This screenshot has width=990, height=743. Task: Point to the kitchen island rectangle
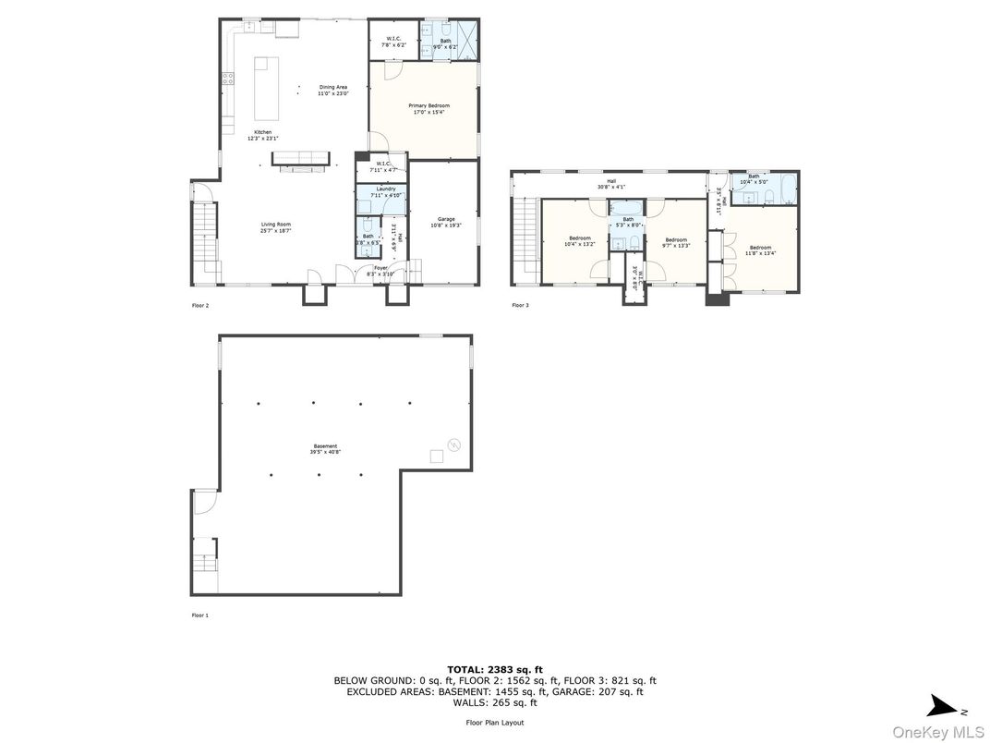(x=266, y=88)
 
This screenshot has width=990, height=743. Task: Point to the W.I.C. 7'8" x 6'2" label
(x=392, y=42)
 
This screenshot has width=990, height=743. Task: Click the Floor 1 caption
(x=200, y=615)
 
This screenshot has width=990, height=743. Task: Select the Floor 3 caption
(x=521, y=305)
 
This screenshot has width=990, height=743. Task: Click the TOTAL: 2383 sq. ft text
(x=494, y=669)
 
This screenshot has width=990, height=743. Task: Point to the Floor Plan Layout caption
(x=494, y=723)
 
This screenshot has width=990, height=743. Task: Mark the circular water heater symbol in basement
(x=453, y=445)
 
